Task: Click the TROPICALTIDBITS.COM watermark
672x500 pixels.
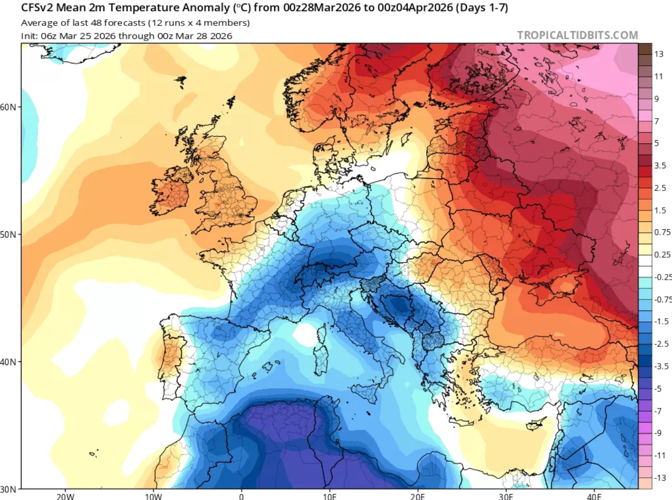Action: (x=577, y=35)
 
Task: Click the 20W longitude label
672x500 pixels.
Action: (x=65, y=496)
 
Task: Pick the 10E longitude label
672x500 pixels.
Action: (x=329, y=496)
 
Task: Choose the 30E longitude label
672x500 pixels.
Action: (x=506, y=496)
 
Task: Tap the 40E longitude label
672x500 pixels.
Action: (x=594, y=496)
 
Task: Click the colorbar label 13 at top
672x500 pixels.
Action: (x=659, y=54)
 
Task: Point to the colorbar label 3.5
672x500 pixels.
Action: (x=660, y=166)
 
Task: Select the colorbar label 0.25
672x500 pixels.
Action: (x=662, y=254)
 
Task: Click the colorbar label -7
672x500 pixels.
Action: (x=658, y=411)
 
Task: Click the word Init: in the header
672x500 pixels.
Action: (x=29, y=36)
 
